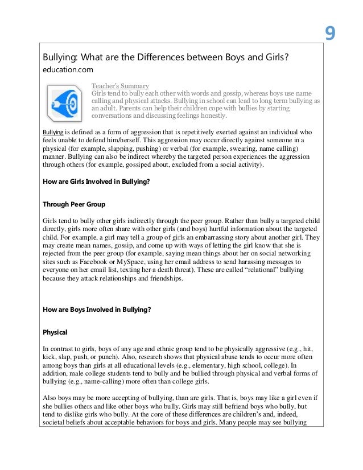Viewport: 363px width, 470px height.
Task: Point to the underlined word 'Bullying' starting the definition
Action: point(52,131)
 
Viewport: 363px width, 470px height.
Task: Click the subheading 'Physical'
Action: point(55,332)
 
